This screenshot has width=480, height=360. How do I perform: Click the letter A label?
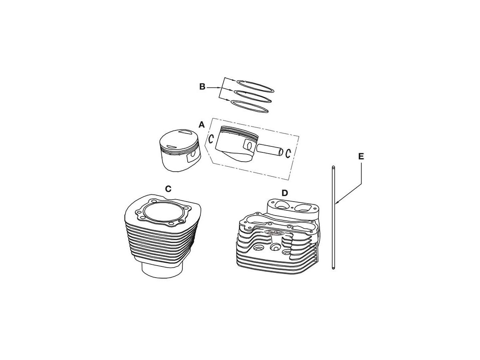202,125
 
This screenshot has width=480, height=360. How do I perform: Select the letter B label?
202,87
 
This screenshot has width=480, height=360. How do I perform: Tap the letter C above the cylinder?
168,188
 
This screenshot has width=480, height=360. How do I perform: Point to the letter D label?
284,193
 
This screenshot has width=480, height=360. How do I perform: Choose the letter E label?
361,156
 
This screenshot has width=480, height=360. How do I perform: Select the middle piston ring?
253,96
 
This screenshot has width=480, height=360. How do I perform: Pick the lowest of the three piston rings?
251,105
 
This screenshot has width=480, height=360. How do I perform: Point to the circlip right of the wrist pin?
288,152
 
